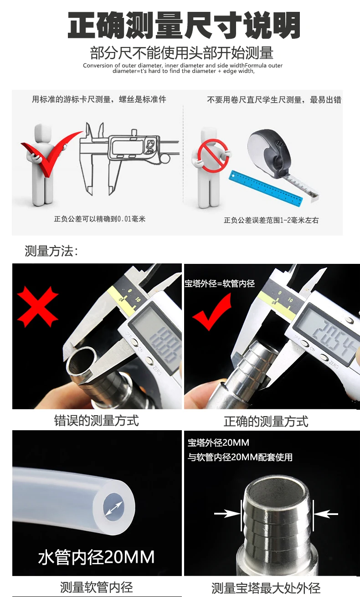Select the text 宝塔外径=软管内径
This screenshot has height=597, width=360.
[x=219, y=283]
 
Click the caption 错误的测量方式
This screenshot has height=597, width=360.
[x=96, y=420]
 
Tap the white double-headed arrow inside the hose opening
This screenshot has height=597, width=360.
[x=113, y=509]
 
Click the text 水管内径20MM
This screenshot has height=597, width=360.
[x=96, y=557]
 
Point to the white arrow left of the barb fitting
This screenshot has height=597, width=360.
[x=226, y=514]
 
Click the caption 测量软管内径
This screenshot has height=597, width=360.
[x=96, y=587]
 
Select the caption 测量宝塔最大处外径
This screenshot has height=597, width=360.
[x=266, y=588]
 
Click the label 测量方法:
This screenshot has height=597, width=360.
[x=51, y=251]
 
